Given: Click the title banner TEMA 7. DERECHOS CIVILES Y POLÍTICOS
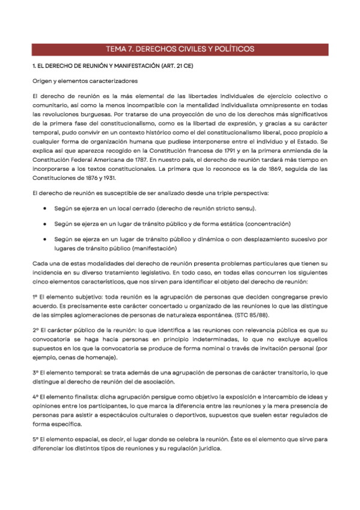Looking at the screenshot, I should pos(180,49).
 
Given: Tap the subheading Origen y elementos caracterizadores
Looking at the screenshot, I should pos(85,80).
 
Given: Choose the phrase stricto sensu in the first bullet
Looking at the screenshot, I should pos(217,208).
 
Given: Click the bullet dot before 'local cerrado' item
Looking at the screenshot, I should pos(46,208).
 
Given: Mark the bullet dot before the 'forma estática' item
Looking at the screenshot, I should pos(46,223).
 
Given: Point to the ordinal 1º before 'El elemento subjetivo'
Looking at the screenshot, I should pos(35,297).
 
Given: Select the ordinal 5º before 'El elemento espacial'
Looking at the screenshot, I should pos(35,440).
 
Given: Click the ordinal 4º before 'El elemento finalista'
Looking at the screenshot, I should pos(35,397).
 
